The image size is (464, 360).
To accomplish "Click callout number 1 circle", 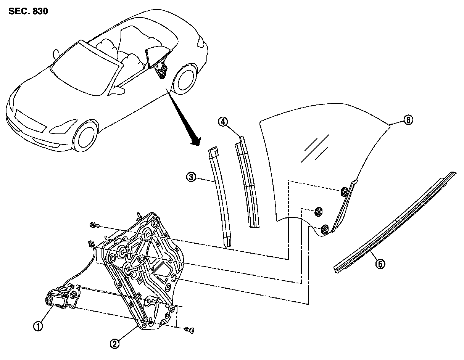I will pos(38,326).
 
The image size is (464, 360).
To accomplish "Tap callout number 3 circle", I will pos(191,177).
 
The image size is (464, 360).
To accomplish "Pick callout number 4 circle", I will pos(223,122).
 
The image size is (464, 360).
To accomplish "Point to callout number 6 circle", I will pos(408,120).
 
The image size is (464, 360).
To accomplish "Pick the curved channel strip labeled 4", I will pos(247,183).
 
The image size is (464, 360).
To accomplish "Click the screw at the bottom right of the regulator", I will pos(189,329).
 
